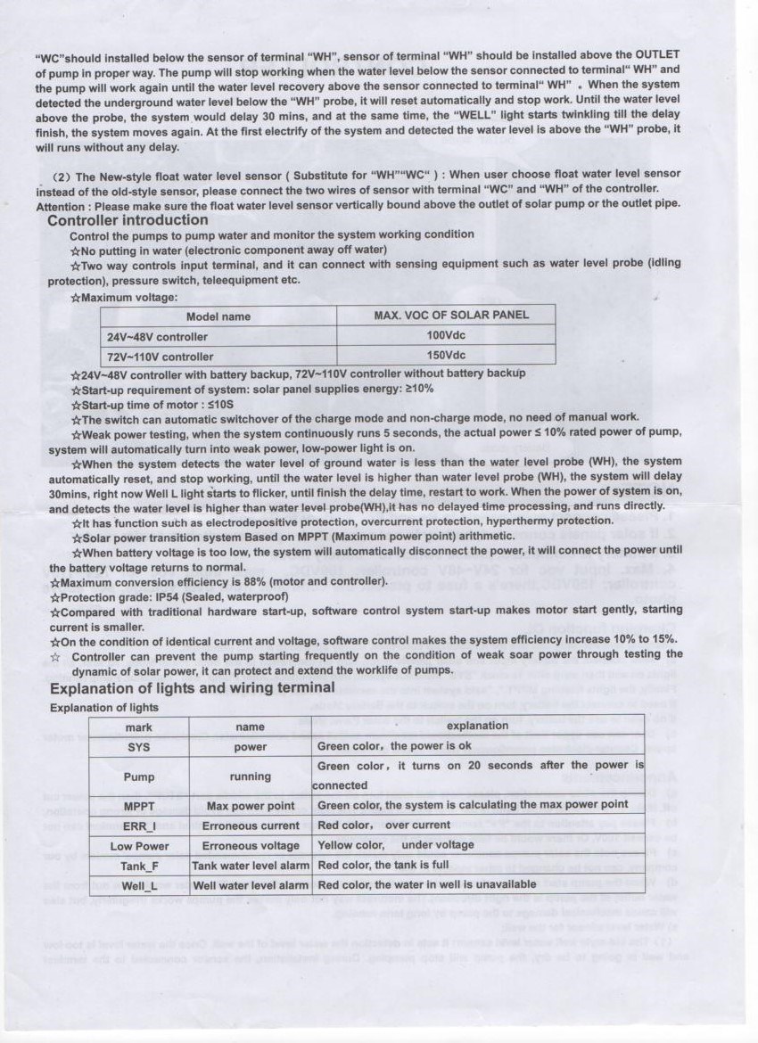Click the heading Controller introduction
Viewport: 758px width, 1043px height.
pos(128,220)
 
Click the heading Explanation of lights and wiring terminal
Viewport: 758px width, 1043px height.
pos(192,687)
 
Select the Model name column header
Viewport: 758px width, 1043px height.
pos(218,316)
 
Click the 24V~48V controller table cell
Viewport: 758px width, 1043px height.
pos(158,337)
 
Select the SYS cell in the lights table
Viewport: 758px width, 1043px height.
pos(138,747)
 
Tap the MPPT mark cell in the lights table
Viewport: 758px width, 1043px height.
pos(138,805)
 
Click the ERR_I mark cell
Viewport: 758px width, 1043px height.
pos(138,825)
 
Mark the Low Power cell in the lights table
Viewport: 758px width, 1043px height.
pos(138,845)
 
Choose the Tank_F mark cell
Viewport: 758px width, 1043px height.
pos(138,866)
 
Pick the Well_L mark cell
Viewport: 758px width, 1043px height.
pos(138,885)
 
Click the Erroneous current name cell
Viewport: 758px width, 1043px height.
pos(251,825)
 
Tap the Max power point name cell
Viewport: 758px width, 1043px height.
pos(251,805)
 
